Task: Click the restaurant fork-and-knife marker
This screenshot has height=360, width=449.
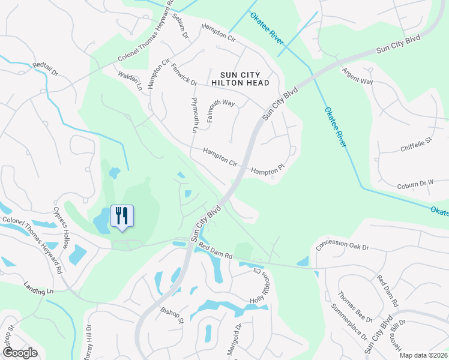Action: (122, 217)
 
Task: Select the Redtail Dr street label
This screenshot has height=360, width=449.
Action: (45, 69)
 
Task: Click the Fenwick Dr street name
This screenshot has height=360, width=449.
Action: (184, 74)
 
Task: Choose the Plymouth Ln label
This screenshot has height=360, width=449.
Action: (194, 115)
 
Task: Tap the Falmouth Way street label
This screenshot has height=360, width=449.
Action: (221, 112)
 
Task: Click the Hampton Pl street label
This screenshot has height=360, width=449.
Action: (266, 171)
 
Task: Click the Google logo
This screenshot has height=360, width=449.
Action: (20, 353)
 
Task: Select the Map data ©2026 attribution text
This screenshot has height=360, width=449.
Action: (424, 355)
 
